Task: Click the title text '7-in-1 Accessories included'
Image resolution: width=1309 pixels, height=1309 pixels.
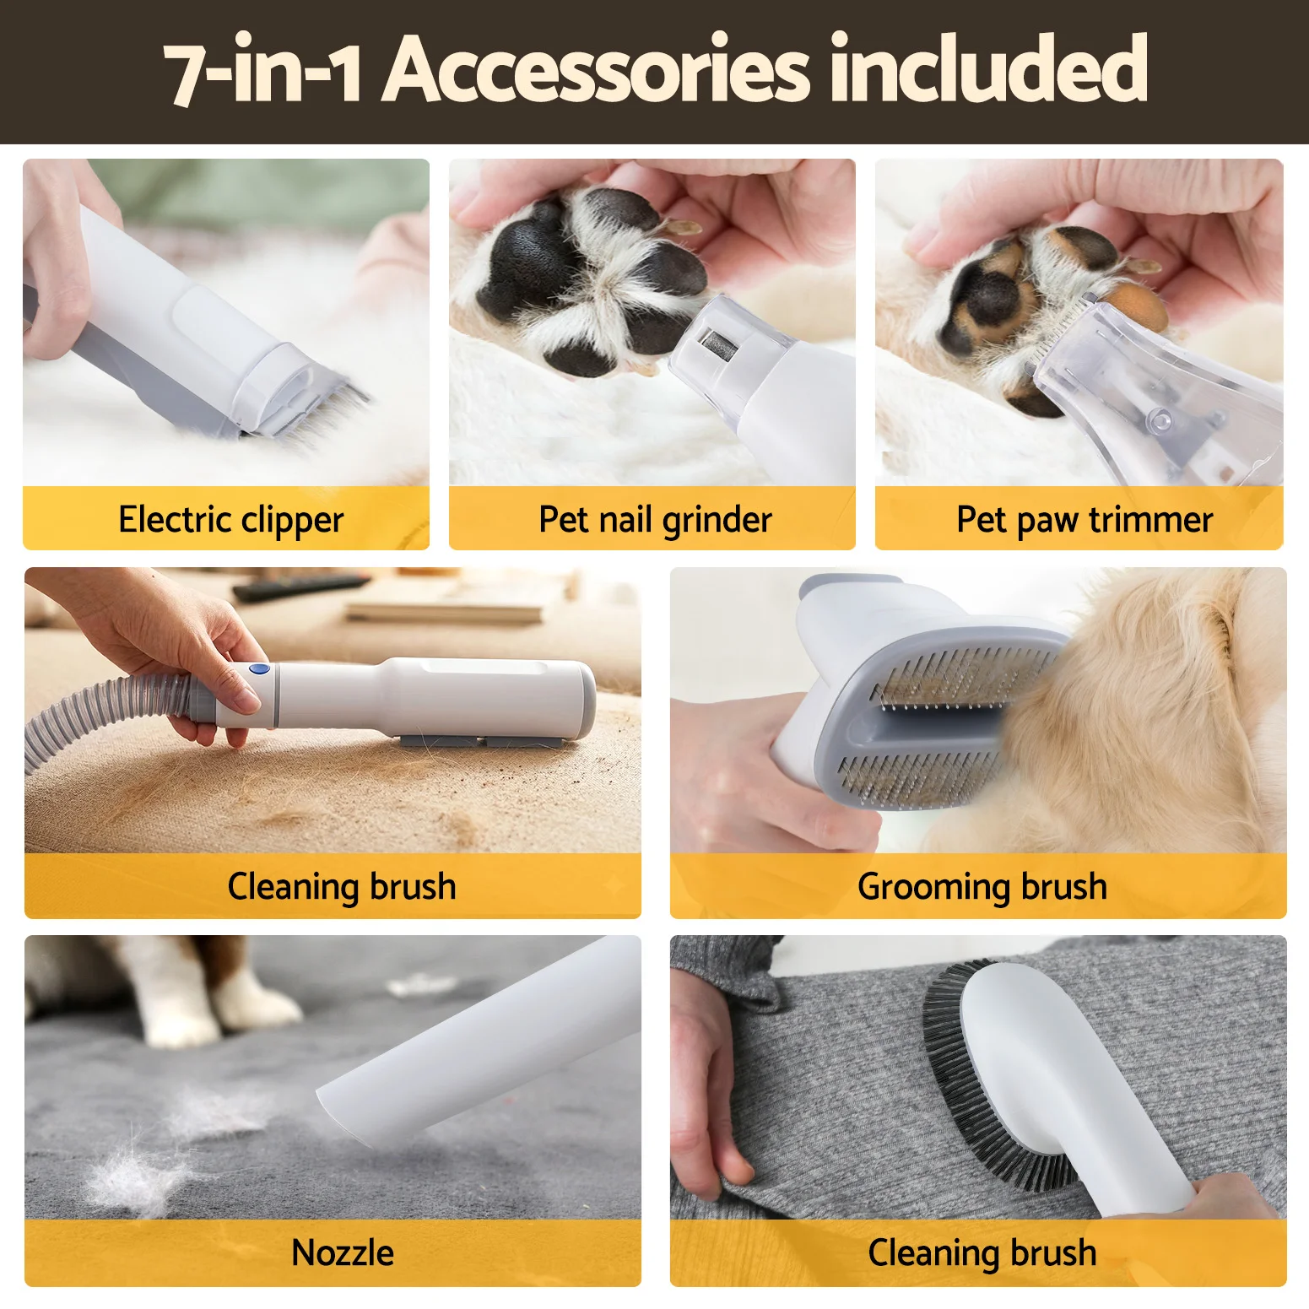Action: pyautogui.click(x=656, y=69)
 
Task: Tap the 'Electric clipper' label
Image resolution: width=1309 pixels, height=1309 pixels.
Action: pyautogui.click(x=231, y=520)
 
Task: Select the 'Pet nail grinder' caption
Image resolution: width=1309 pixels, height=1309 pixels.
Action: pyautogui.click(x=655, y=520)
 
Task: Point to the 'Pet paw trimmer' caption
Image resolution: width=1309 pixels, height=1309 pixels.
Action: pyautogui.click(x=1085, y=520)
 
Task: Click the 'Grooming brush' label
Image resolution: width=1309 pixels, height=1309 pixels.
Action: pyautogui.click(x=982, y=887)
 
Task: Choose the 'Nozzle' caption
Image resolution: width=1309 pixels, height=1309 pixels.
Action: pyautogui.click(x=343, y=1252)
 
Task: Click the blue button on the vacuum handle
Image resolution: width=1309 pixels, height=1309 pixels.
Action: pyautogui.click(x=261, y=670)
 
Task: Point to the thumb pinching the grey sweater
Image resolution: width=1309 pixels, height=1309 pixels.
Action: pyautogui.click(x=726, y=1156)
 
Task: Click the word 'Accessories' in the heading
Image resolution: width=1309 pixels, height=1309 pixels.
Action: pyautogui.click(x=596, y=69)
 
